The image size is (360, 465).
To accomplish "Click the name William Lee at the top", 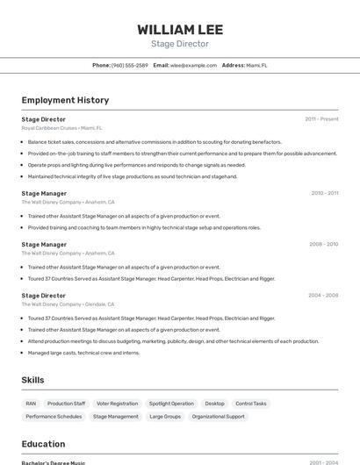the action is click(x=179, y=29).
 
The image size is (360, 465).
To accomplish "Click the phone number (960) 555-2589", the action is click(x=130, y=65).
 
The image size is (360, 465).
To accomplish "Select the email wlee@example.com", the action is click(x=193, y=65).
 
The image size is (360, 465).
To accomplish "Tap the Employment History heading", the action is click(x=65, y=100).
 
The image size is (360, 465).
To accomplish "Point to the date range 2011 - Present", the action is click(x=321, y=119).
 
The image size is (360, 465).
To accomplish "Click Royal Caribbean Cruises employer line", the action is click(x=61, y=127).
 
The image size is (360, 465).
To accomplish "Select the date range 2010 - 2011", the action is click(x=324, y=193).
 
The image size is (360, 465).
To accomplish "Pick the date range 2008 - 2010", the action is click(x=323, y=245).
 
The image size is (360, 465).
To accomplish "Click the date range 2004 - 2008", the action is click(x=323, y=296).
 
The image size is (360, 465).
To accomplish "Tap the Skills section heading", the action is click(x=32, y=380).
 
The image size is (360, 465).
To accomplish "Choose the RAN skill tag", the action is click(x=31, y=404).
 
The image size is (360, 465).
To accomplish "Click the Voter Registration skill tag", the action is click(x=117, y=404).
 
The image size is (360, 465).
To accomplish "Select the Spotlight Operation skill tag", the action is click(x=171, y=404).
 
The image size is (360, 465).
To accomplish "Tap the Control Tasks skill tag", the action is click(x=251, y=404).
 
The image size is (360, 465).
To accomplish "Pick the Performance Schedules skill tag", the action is click(x=54, y=417).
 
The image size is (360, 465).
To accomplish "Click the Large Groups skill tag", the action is click(x=165, y=417).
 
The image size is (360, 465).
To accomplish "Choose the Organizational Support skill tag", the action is click(x=218, y=417).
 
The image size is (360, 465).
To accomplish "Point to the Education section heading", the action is click(x=43, y=444).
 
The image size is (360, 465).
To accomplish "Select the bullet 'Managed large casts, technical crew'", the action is click(x=83, y=353).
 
